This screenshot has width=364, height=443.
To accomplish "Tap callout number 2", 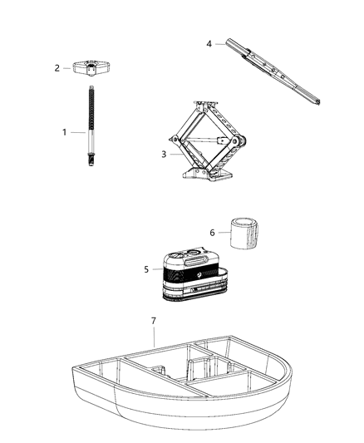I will (57, 68).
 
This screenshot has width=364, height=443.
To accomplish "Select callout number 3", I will (164, 154).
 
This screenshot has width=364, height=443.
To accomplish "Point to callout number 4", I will (210, 44).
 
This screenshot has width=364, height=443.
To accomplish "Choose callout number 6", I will (212, 233).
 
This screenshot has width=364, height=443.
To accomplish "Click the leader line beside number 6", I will (222, 233).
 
